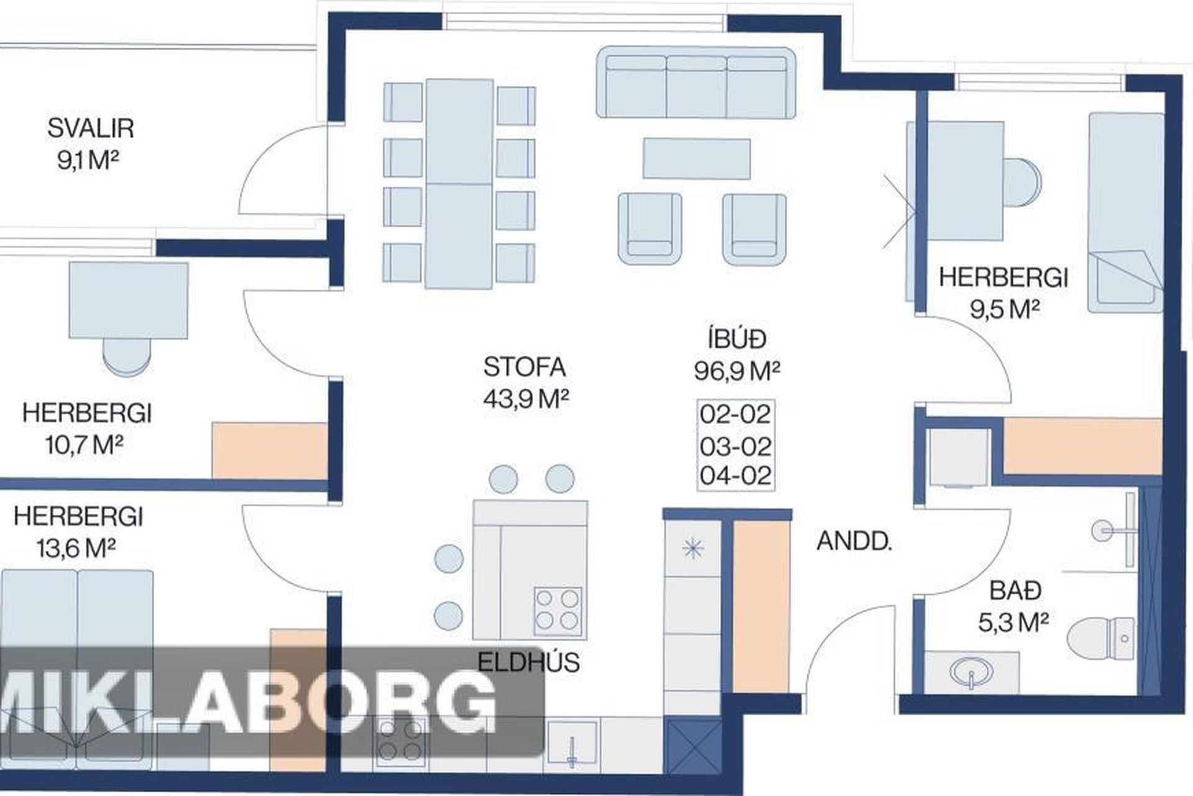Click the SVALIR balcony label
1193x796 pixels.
[91, 128]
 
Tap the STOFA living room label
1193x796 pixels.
[524, 367]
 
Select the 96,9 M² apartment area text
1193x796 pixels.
[737, 371]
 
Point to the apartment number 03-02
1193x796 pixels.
[736, 447]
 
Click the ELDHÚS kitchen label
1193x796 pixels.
[529, 662]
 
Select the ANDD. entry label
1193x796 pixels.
[854, 542]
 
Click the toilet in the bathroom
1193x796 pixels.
[1100, 638]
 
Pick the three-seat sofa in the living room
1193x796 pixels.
[696, 82]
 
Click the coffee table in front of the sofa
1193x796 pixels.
[697, 159]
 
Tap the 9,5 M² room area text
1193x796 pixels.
[1005, 309]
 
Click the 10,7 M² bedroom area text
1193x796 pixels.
[85, 445]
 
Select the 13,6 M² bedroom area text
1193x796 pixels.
[76, 548]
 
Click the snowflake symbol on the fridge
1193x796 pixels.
[693, 548]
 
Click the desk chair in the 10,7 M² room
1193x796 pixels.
[127, 357]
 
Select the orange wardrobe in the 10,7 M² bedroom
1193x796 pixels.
[270, 451]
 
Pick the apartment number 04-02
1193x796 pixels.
[736, 476]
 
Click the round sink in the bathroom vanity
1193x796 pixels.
[972, 672]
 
